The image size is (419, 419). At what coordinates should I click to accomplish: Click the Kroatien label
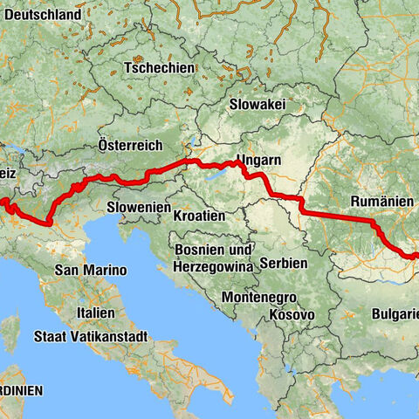point(199,215)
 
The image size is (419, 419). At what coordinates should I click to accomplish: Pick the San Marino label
point(90,271)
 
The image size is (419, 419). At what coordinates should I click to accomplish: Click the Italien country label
point(95,313)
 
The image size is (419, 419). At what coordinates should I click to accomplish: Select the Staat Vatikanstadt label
point(90,336)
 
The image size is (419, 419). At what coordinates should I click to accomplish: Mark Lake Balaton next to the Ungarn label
point(219,174)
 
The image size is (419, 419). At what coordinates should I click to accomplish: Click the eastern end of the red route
point(416,256)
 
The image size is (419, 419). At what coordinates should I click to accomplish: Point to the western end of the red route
point(2,203)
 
